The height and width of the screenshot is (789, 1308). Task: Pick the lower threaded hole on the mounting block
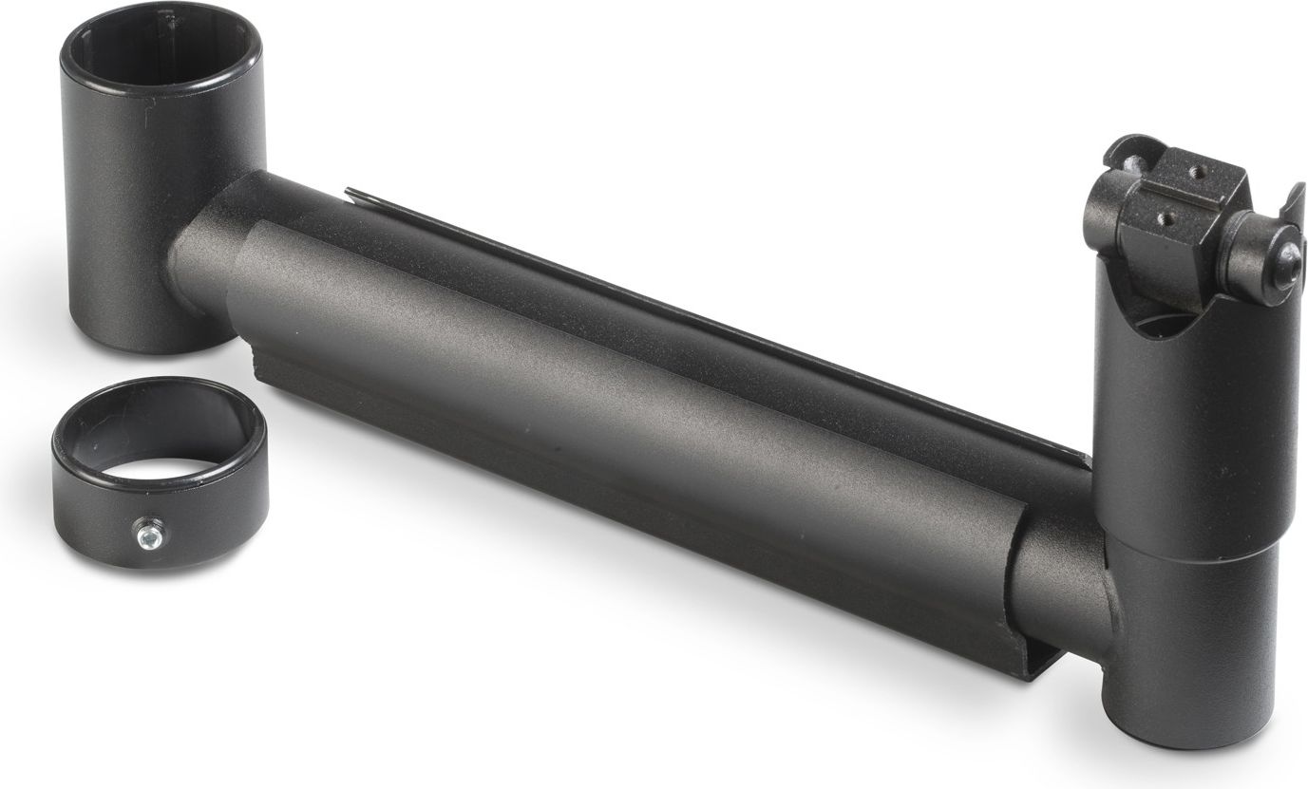(x=1167, y=216)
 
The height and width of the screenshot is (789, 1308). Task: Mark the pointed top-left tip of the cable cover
(x=349, y=193)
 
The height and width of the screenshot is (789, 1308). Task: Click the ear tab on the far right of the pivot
(x=1293, y=205)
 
